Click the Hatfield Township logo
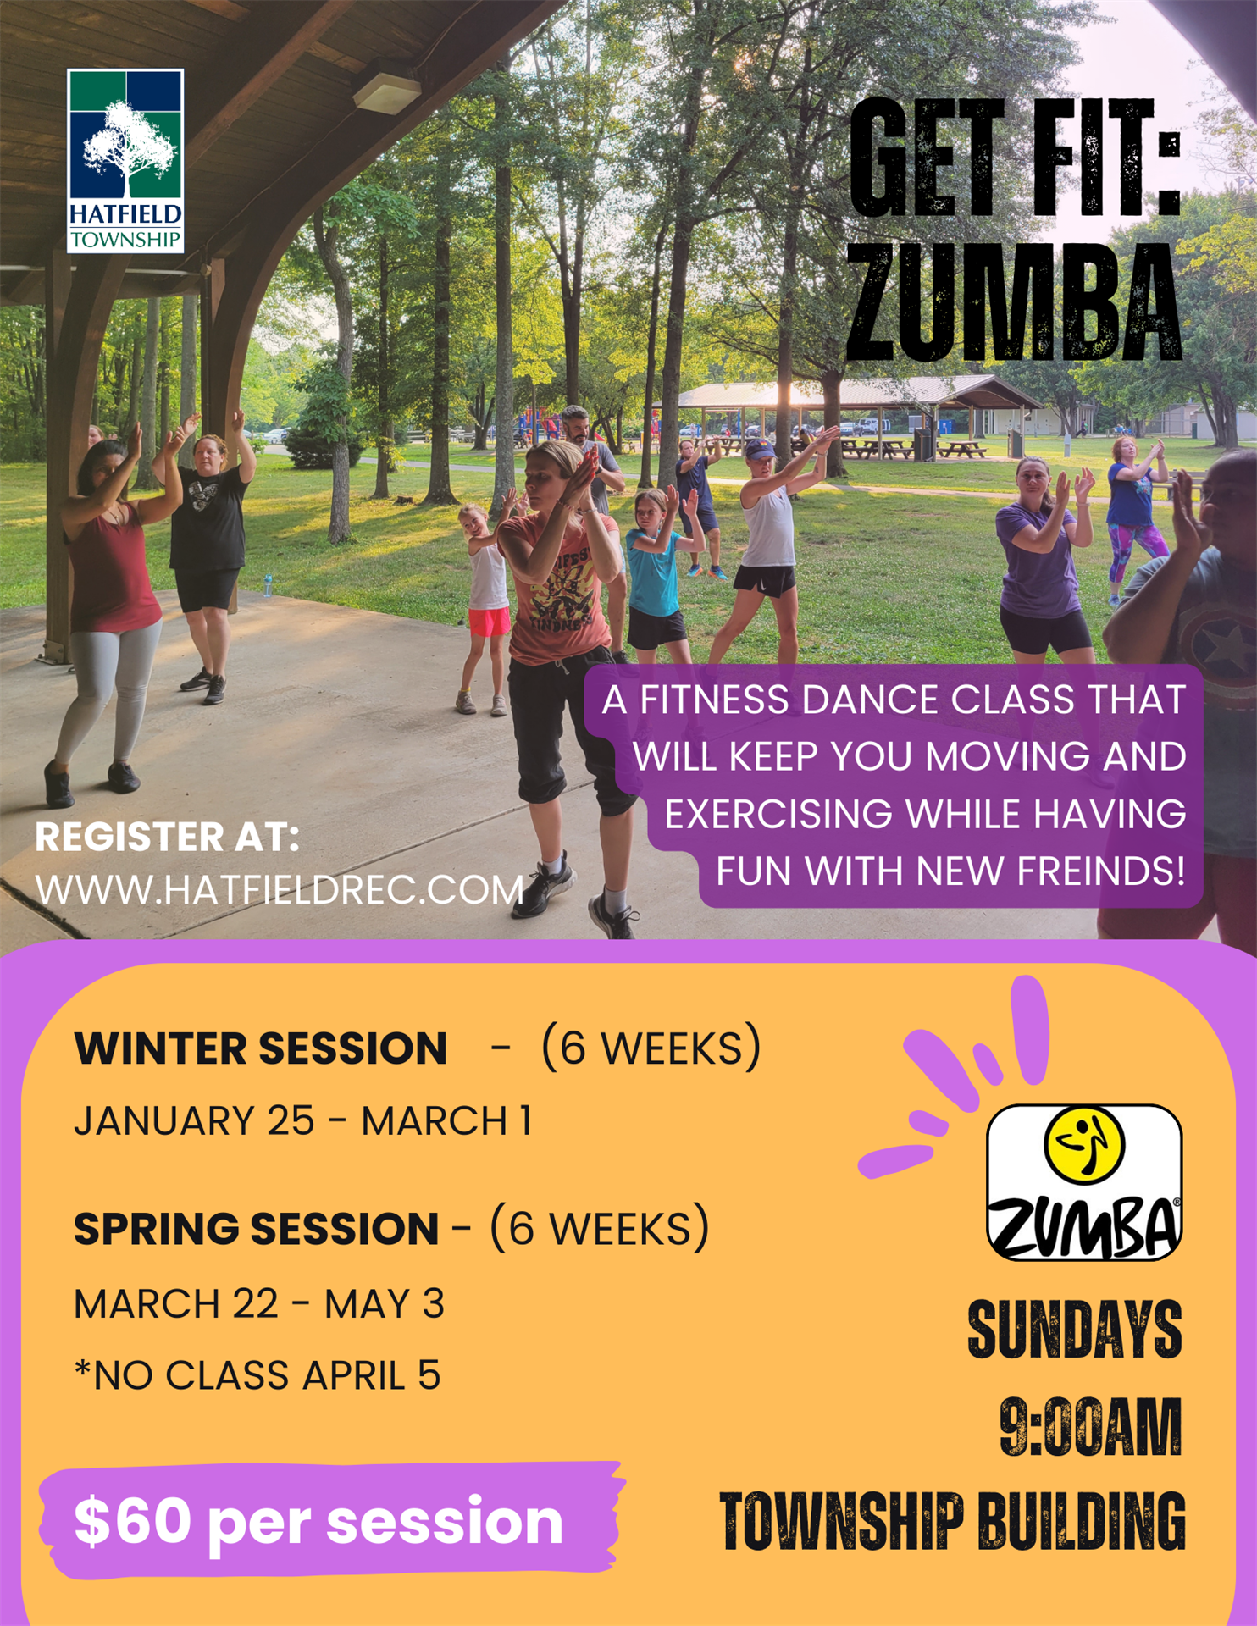(125, 161)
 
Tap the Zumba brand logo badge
(1084, 1182)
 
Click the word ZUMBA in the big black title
(1014, 303)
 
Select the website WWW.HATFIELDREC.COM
(280, 890)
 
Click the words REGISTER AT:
(168, 838)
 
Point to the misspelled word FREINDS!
(1101, 871)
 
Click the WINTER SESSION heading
(261, 1048)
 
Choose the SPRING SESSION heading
(257, 1229)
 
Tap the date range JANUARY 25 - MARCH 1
(303, 1121)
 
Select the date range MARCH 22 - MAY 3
(259, 1304)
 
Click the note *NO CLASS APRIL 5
(257, 1375)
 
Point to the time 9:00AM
(1091, 1427)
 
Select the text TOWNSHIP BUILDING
(952, 1522)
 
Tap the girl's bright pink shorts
(489, 622)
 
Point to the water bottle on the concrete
(268, 585)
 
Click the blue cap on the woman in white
(760, 447)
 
